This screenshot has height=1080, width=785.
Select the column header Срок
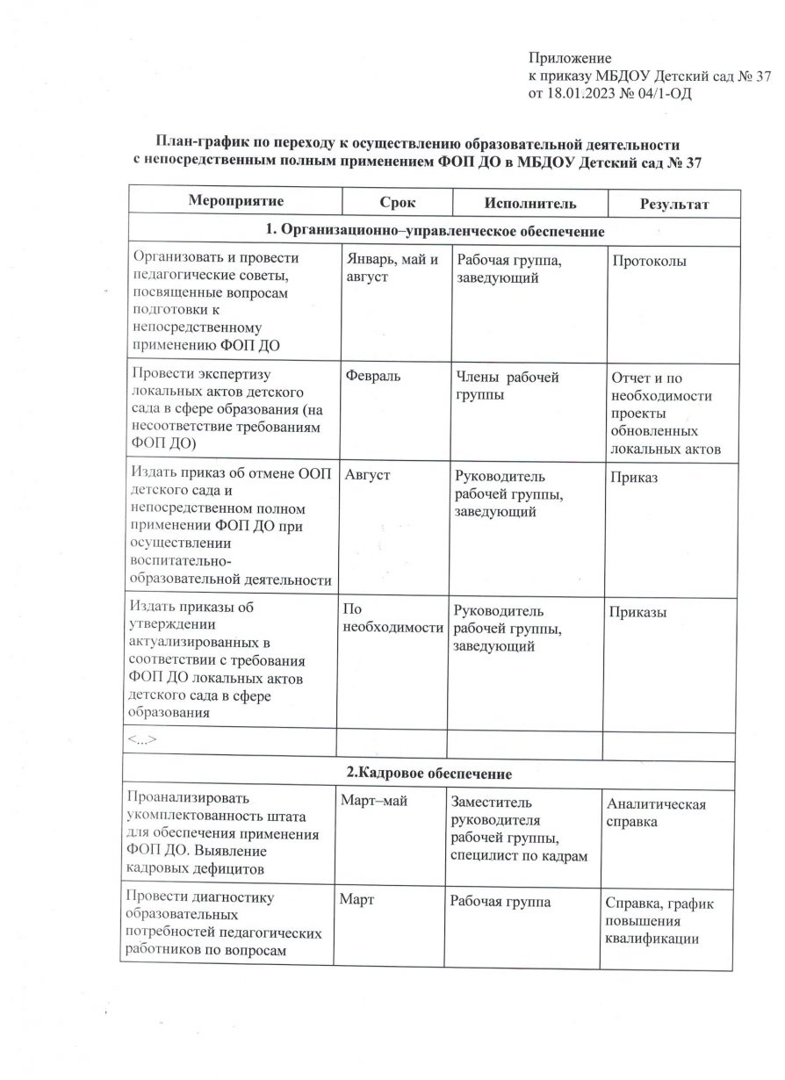[x=398, y=203]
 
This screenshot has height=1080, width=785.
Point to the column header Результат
[x=674, y=205]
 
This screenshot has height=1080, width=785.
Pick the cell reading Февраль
[x=371, y=377]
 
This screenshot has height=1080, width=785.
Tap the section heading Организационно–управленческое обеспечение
[x=436, y=232]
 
